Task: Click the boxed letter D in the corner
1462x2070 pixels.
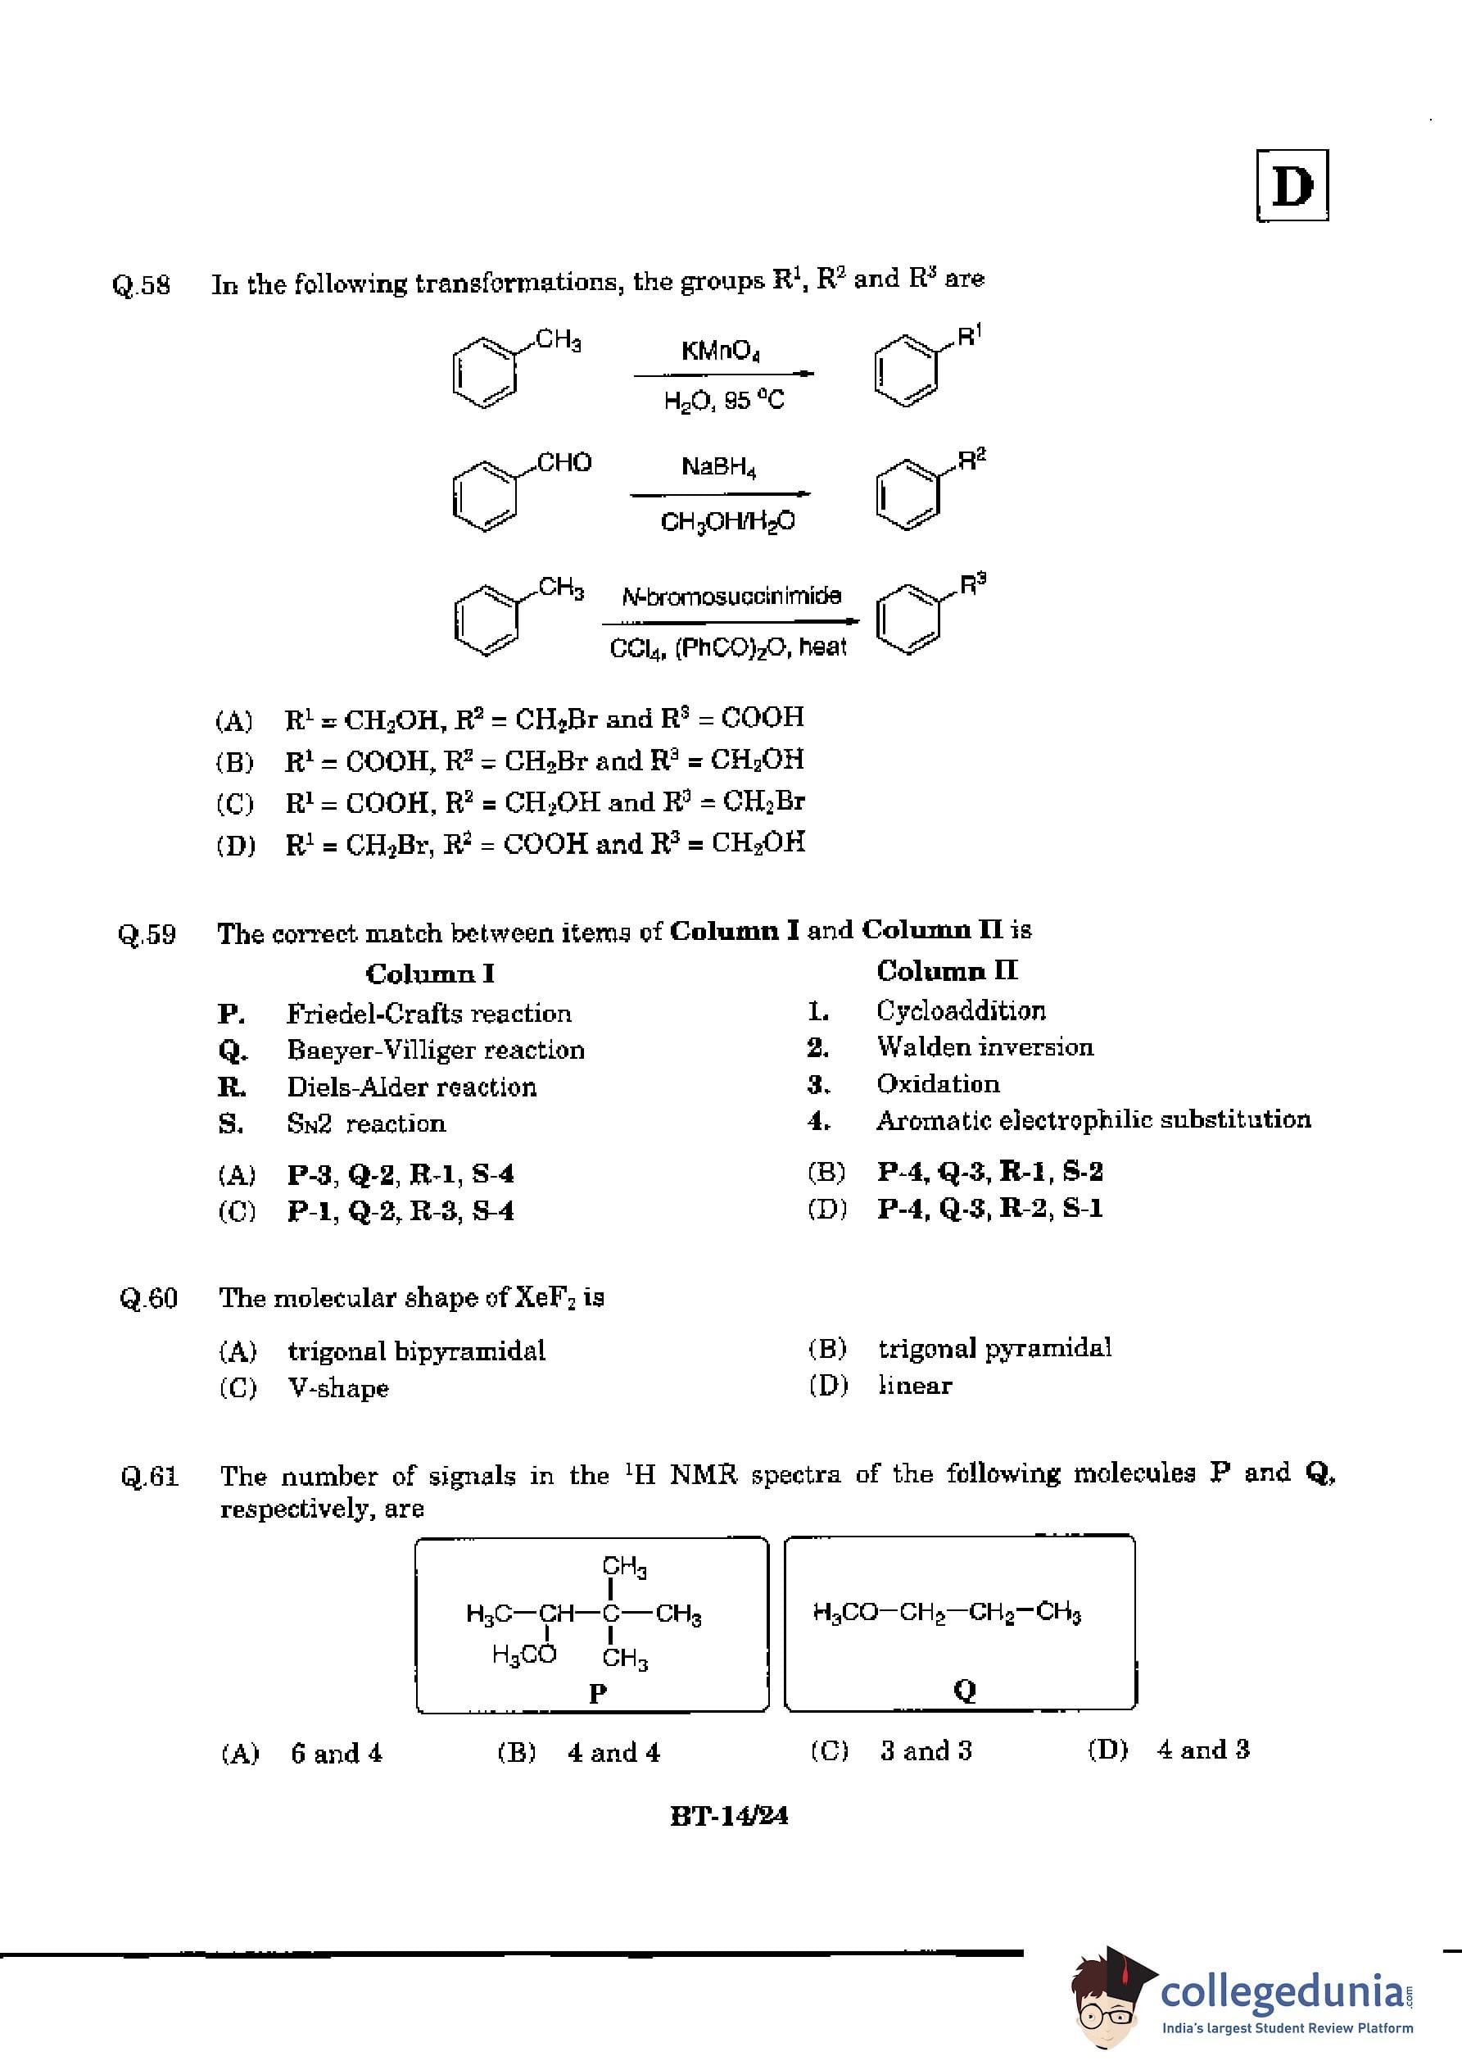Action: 1292,186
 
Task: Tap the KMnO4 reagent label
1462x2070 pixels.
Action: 720,351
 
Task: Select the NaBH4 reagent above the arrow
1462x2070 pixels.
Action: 718,467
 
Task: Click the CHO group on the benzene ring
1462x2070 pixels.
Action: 564,462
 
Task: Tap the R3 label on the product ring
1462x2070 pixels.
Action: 972,584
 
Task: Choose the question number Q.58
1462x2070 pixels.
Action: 142,285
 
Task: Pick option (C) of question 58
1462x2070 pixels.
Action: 545,801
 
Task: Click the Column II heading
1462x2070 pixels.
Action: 947,971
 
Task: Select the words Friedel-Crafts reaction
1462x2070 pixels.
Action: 428,1014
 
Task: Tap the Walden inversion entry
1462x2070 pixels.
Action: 984,1046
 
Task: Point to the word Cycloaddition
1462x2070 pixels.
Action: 961,1010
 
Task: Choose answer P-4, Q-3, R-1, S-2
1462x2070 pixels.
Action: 989,1171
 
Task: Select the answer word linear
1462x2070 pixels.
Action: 915,1386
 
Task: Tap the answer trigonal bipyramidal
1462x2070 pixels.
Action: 416,1350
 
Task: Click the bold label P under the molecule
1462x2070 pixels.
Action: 597,1693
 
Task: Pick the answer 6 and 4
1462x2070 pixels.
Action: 336,1753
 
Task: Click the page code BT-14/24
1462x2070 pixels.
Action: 729,1815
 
